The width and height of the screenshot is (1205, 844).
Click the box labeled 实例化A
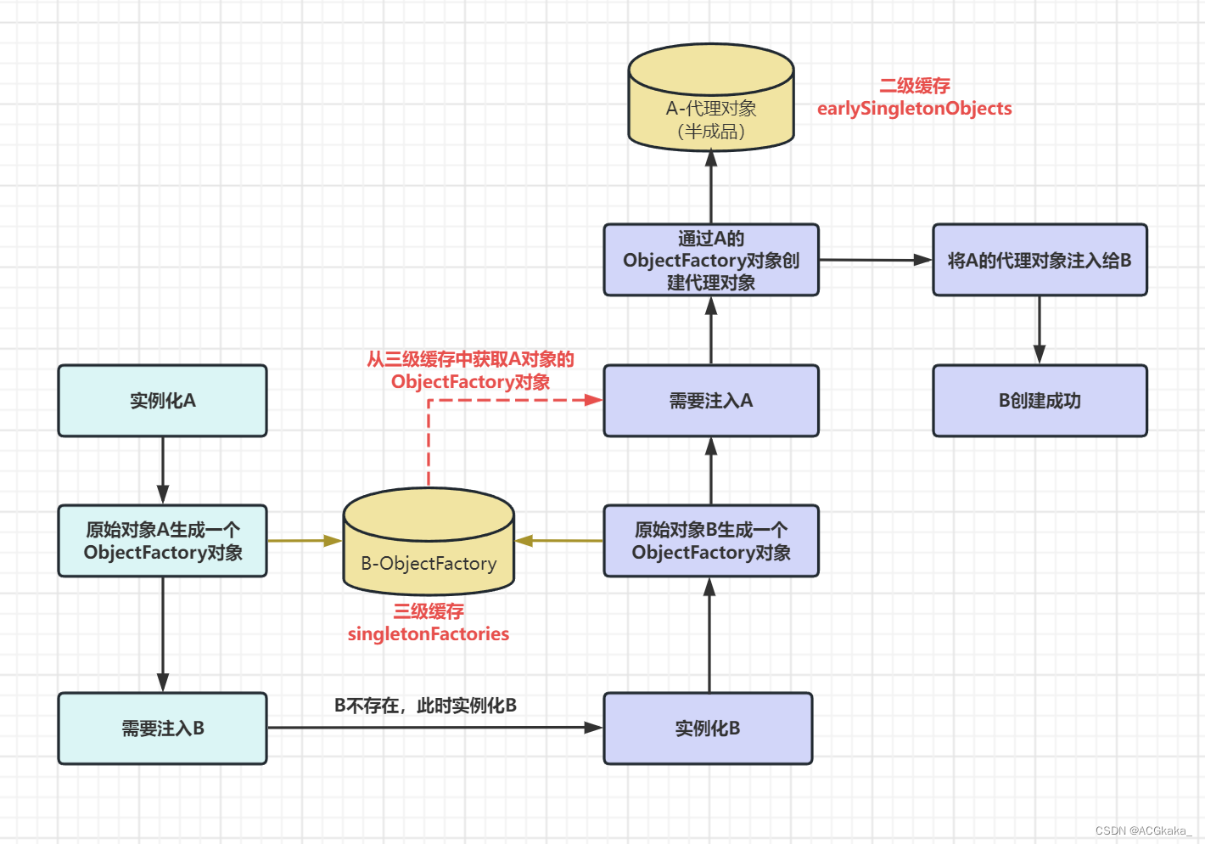pyautogui.click(x=162, y=401)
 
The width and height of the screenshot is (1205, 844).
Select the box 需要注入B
pyautogui.click(x=162, y=729)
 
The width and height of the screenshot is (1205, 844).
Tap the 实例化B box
pyautogui.click(x=708, y=729)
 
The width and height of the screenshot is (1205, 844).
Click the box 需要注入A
pyautogui.click(x=711, y=401)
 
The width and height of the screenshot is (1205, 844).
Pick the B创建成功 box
pyautogui.click(x=1040, y=401)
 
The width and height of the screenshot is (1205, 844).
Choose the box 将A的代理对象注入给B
pyautogui.click(x=1040, y=260)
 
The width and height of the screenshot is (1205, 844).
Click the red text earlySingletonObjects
pyautogui.click(x=914, y=109)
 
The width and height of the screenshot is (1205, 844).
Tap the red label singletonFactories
pyautogui.click(x=428, y=634)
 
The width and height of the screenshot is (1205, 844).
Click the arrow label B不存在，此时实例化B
pyautogui.click(x=425, y=706)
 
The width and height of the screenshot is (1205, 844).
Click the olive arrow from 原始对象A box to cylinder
pyautogui.click(x=304, y=540)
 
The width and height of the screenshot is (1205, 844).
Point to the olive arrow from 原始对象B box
pyautogui.click(x=560, y=540)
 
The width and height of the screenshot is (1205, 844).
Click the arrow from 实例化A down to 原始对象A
pyautogui.click(x=162, y=470)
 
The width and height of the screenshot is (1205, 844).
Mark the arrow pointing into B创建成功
pyautogui.click(x=1040, y=330)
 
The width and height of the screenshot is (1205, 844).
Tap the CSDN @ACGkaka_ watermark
pyautogui.click(x=1143, y=830)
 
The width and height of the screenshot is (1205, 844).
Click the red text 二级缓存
pyautogui.click(x=914, y=86)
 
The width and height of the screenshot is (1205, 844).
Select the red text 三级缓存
pyautogui.click(x=428, y=611)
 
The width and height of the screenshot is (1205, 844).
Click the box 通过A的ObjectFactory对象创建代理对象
pyautogui.click(x=711, y=260)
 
